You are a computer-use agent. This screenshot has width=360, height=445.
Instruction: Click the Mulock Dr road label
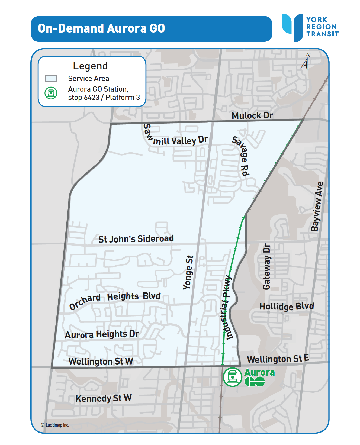click(252, 115)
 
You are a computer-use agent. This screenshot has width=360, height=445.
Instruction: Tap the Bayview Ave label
click(317, 207)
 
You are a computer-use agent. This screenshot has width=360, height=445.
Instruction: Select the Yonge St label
click(188, 272)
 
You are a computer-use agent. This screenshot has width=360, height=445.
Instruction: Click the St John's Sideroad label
click(136, 239)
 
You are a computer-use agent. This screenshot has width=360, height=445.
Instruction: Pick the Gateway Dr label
click(267, 266)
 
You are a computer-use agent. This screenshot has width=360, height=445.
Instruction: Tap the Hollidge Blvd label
click(287, 307)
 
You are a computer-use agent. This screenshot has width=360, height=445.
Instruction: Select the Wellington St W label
click(101, 361)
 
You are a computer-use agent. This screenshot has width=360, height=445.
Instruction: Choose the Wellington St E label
click(278, 359)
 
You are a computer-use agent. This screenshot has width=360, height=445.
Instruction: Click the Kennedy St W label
click(104, 398)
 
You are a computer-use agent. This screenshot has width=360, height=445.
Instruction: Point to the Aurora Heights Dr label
click(102, 334)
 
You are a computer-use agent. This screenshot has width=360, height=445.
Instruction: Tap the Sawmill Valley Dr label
click(176, 138)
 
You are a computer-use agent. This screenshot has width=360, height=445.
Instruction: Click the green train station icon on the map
click(232, 377)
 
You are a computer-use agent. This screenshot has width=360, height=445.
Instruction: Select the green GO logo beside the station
click(255, 382)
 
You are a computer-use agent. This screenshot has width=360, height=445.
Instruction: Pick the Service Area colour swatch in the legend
click(51, 79)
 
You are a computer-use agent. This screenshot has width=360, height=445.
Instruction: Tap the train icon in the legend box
click(51, 93)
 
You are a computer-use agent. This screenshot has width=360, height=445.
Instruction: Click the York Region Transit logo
click(310, 27)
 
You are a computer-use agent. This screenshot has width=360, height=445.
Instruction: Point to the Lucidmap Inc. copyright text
click(55, 425)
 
